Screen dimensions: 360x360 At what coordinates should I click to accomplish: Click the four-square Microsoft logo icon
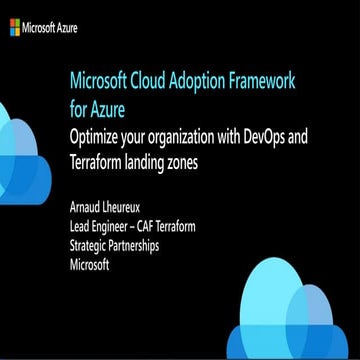(x=15, y=28)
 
